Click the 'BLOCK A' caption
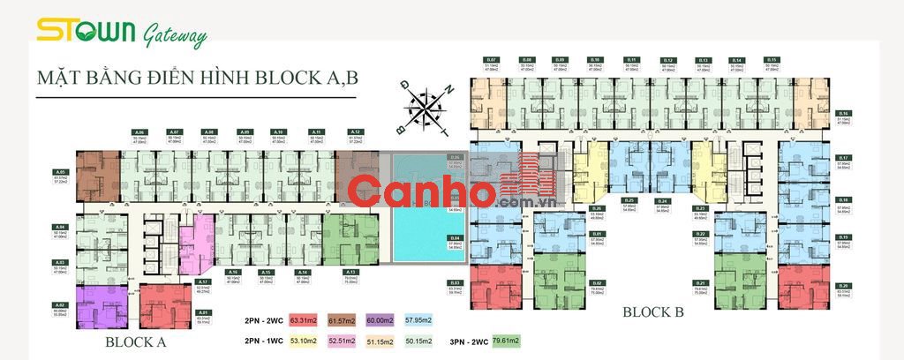pos(137,341)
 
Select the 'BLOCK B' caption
pos(654,311)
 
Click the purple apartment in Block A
pos(102,304)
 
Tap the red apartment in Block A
pos(164,304)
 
